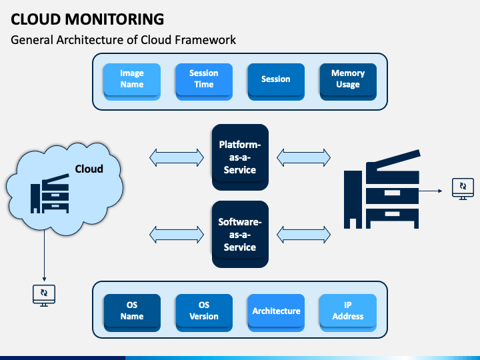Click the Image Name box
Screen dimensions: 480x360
click(132, 82)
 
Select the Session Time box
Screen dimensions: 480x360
click(204, 82)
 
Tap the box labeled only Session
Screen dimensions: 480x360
click(276, 82)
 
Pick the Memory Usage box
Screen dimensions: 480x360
click(348, 82)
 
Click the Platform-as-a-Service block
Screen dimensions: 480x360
click(240, 157)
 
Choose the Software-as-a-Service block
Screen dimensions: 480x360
click(240, 234)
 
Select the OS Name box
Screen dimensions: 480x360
click(132, 313)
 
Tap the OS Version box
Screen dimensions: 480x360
click(204, 313)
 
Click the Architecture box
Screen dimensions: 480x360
click(276, 313)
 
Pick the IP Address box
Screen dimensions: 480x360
click(348, 313)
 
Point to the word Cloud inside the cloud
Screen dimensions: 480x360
click(89, 169)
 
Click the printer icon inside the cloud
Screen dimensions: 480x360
click(49, 193)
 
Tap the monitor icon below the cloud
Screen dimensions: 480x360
click(44, 295)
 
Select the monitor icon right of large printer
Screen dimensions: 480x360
click(463, 189)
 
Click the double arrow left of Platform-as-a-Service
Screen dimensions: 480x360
click(177, 157)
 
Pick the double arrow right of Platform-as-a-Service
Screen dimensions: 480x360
click(304, 157)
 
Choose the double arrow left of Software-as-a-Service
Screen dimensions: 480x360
click(177, 235)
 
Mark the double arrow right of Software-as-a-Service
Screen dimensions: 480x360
click(304, 235)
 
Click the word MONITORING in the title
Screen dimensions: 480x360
click(115, 19)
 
